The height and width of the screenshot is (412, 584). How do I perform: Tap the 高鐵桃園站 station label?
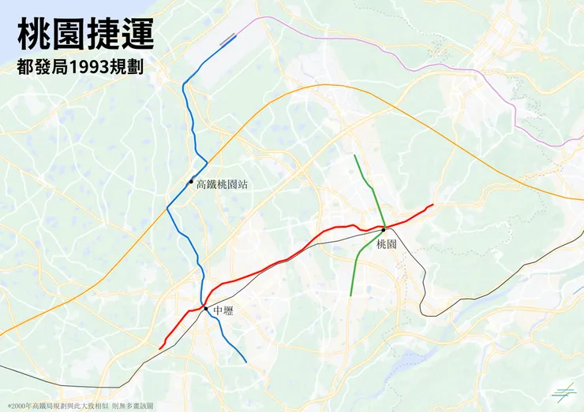pos(222,184)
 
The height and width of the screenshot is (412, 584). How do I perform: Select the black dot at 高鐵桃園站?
pos(191,182)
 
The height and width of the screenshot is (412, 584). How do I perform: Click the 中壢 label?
pos(223,311)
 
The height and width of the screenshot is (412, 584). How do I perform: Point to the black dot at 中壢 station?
pos(206,308)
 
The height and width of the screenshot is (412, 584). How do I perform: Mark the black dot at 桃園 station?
pos(384,229)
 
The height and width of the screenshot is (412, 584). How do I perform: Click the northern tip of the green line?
pos(354,155)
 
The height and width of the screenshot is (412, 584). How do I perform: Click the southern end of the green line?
pos(350,295)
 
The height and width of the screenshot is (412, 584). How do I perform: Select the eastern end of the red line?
pos(432,205)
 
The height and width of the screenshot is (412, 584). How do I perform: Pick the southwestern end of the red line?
pos(160,347)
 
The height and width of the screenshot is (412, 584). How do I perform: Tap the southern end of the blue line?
pos(246,362)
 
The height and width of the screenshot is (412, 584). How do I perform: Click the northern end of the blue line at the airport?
pos(236,35)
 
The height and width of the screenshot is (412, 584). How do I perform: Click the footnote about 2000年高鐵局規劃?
pos(80,404)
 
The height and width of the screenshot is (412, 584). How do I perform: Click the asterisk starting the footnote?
pos(9,404)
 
